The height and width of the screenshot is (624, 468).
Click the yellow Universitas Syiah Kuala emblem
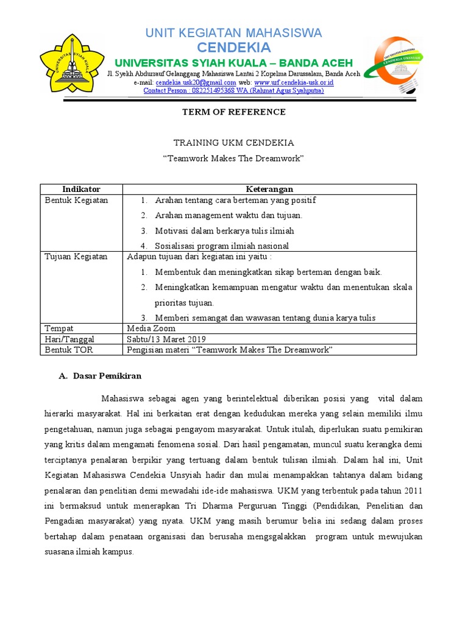[71, 63]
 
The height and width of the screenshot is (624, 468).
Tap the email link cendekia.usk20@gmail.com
[196, 82]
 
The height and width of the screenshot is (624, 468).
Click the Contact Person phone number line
[233, 91]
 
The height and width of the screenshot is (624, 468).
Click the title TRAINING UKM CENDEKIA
[234, 143]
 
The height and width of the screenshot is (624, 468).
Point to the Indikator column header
[81, 190]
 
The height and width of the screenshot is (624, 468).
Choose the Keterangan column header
[269, 190]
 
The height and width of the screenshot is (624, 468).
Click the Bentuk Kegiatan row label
[76, 200]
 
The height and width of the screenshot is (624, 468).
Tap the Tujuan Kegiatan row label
[76, 257]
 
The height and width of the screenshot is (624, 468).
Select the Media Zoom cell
[151, 328]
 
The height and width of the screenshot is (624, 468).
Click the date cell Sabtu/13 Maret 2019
[166, 339]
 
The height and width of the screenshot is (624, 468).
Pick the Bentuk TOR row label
[68, 350]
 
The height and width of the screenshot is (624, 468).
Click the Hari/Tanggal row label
[69, 339]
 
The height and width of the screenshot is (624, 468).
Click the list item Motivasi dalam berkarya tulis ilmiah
[224, 231]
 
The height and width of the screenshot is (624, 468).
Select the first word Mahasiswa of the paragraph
[124, 399]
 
